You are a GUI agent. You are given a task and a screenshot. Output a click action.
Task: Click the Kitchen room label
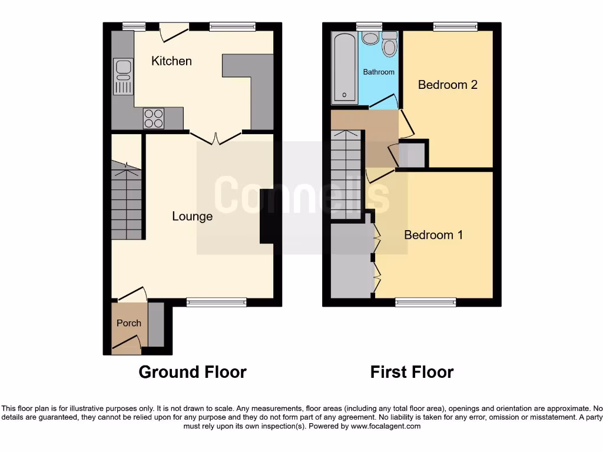pyautogui.click(x=171, y=61)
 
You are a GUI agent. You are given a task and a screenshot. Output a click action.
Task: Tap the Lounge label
pyautogui.click(x=192, y=217)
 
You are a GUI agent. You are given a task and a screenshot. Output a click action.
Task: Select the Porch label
pyautogui.click(x=128, y=323)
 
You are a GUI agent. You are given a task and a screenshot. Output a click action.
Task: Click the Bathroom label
pyautogui.click(x=379, y=72)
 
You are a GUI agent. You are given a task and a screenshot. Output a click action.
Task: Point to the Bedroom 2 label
pyautogui.click(x=448, y=85)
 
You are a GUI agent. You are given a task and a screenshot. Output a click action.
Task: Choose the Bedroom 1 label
pyautogui.click(x=433, y=235)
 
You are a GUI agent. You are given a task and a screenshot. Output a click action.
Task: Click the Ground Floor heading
pyautogui.click(x=193, y=372)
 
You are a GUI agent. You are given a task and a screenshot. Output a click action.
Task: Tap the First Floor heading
pyautogui.click(x=412, y=372)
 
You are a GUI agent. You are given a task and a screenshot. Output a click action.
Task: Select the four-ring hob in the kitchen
pyautogui.click(x=154, y=118)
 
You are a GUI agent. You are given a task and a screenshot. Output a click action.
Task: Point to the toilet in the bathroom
pyautogui.click(x=390, y=44)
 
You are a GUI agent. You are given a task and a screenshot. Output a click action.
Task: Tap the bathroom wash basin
pyautogui.click(x=370, y=38)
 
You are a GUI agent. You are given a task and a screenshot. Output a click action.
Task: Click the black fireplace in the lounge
pyautogui.click(x=267, y=215)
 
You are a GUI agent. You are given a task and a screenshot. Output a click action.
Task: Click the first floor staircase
pyautogui.click(x=344, y=174)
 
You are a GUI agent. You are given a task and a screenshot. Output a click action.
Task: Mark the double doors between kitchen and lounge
pyautogui.click(x=215, y=138)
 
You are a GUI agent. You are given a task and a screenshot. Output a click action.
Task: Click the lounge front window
pyautogui.click(x=216, y=302)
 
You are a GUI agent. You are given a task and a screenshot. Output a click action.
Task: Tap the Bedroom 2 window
pyautogui.click(x=455, y=26)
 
